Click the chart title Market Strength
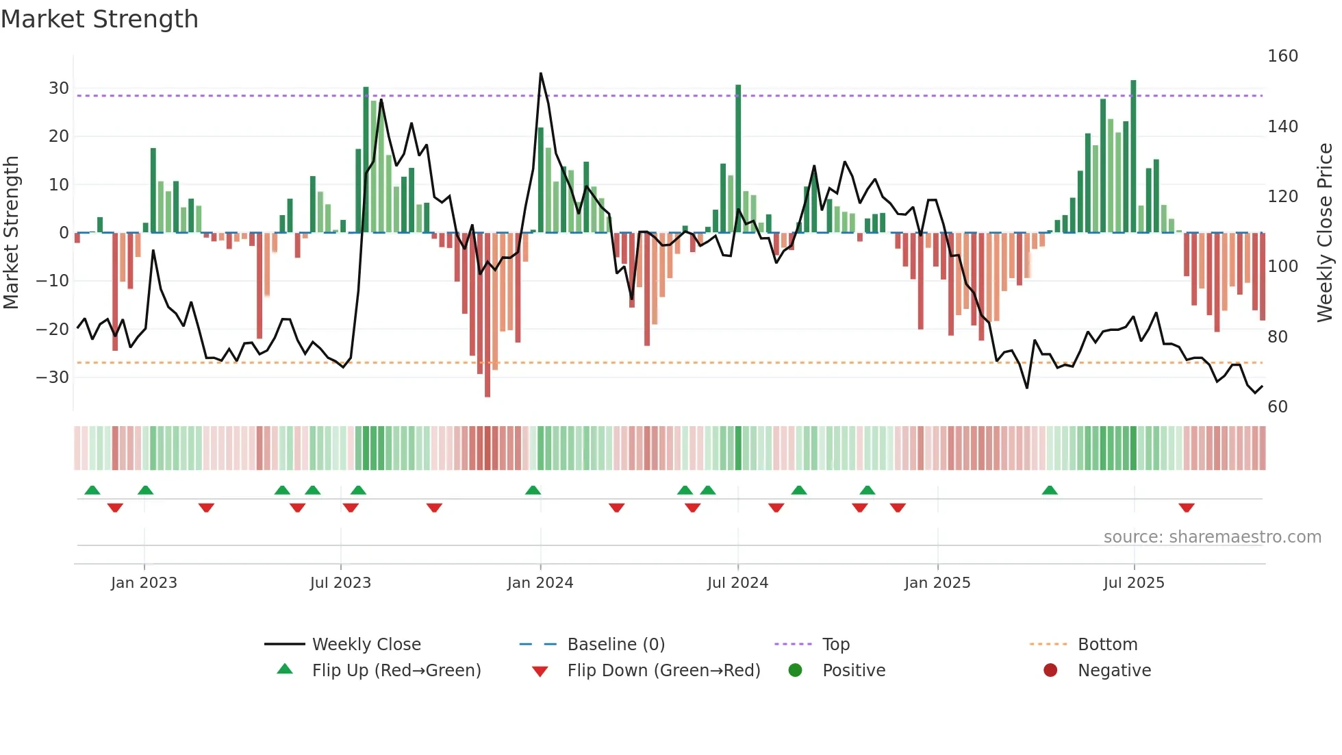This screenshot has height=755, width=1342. coord(99,19)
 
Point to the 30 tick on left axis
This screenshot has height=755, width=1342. coord(59,88)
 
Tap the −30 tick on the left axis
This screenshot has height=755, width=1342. coord(53,377)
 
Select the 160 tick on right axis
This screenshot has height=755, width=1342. coord(1282,56)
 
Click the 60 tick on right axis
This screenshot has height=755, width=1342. coord(1278,407)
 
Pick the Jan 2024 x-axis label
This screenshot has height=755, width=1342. coord(540,583)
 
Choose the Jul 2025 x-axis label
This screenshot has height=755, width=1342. coord(1134,583)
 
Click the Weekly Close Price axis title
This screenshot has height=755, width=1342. coord(1325,233)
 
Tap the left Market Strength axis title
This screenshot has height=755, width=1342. coord(12,233)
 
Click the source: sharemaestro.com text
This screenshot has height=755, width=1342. coord(1212,537)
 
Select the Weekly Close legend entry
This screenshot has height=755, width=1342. coord(366,645)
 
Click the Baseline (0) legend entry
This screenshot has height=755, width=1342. coord(616,645)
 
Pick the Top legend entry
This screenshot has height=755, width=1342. coord(835,645)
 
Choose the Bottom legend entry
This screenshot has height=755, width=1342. coord(1107,645)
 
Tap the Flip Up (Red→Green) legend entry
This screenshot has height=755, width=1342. coord(396,671)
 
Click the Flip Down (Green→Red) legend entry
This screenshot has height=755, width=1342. coord(663,671)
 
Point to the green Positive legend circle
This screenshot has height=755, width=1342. coord(795,671)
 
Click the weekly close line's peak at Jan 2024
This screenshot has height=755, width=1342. coord(540,73)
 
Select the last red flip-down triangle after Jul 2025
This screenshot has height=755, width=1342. coord(1187,508)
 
